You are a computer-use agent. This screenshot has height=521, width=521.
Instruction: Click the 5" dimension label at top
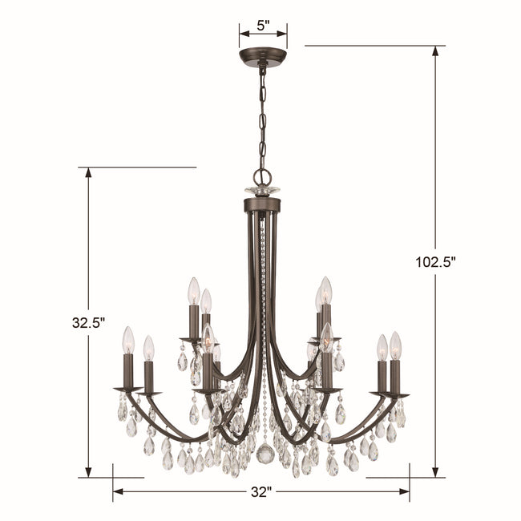263,26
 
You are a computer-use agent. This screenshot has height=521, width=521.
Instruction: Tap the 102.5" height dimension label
435,262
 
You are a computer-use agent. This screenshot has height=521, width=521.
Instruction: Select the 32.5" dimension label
88,322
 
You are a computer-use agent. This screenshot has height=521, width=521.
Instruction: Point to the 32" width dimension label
261,492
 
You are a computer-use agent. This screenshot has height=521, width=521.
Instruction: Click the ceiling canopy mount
263,57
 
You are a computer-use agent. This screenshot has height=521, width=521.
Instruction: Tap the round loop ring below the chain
262,177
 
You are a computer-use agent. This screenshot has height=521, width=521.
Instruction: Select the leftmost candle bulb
128,341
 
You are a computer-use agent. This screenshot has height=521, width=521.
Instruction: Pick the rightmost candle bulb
395,345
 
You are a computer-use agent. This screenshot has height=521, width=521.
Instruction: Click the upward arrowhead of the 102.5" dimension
435,51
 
